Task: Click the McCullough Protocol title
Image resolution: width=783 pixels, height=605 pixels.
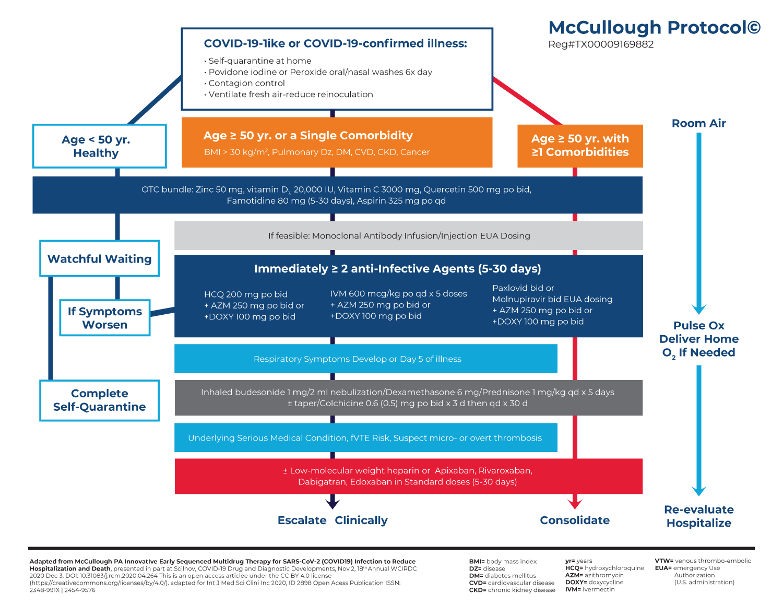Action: click(x=654, y=28)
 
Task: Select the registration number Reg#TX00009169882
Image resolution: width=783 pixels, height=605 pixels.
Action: click(x=601, y=45)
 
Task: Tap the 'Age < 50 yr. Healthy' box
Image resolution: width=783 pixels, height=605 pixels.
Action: click(x=99, y=146)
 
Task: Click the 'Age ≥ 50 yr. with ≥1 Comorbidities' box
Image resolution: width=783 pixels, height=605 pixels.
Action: click(x=580, y=146)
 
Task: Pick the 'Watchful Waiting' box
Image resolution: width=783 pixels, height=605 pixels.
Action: click(x=99, y=259)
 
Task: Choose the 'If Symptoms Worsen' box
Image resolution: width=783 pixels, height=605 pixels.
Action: click(x=105, y=318)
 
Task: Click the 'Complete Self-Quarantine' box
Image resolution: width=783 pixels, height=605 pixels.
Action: click(x=99, y=400)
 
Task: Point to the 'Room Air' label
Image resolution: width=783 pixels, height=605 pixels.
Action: click(x=698, y=124)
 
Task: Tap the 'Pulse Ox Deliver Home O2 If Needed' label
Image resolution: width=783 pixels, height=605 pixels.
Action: click(x=698, y=339)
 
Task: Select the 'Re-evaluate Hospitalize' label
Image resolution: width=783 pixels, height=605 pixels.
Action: click(x=698, y=516)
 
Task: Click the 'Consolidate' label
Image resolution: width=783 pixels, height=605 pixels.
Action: click(x=575, y=520)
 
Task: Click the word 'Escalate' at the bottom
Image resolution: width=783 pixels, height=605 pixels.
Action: click(x=302, y=520)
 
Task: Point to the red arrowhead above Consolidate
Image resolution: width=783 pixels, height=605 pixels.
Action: click(x=575, y=503)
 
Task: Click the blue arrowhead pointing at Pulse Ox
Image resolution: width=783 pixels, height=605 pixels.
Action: click(x=698, y=309)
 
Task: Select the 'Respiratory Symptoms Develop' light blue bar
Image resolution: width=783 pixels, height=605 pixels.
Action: click(x=365, y=359)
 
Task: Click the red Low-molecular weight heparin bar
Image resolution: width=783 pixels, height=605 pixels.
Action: click(x=408, y=476)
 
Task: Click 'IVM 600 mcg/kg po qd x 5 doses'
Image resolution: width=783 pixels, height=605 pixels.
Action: click(x=398, y=294)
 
